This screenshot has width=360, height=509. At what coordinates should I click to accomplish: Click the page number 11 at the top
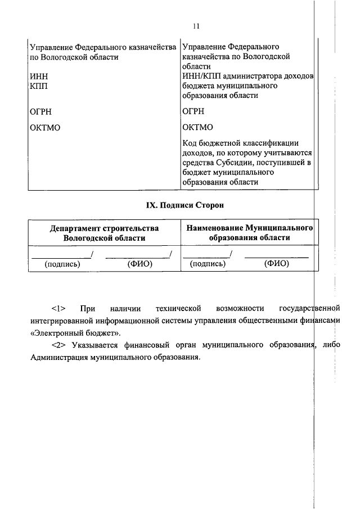pos(196,26)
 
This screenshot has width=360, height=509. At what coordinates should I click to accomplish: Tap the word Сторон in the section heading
pos(210,205)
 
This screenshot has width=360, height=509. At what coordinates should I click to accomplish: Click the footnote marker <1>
pos(59,308)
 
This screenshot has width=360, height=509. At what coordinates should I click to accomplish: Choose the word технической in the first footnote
pos(179,308)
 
